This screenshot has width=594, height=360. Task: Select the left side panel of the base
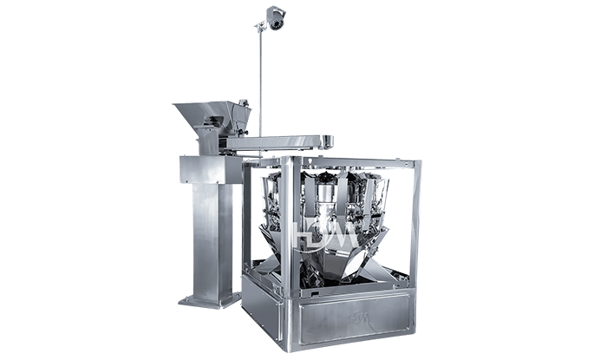(268, 303)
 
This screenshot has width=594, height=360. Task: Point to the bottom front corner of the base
(298, 343)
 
